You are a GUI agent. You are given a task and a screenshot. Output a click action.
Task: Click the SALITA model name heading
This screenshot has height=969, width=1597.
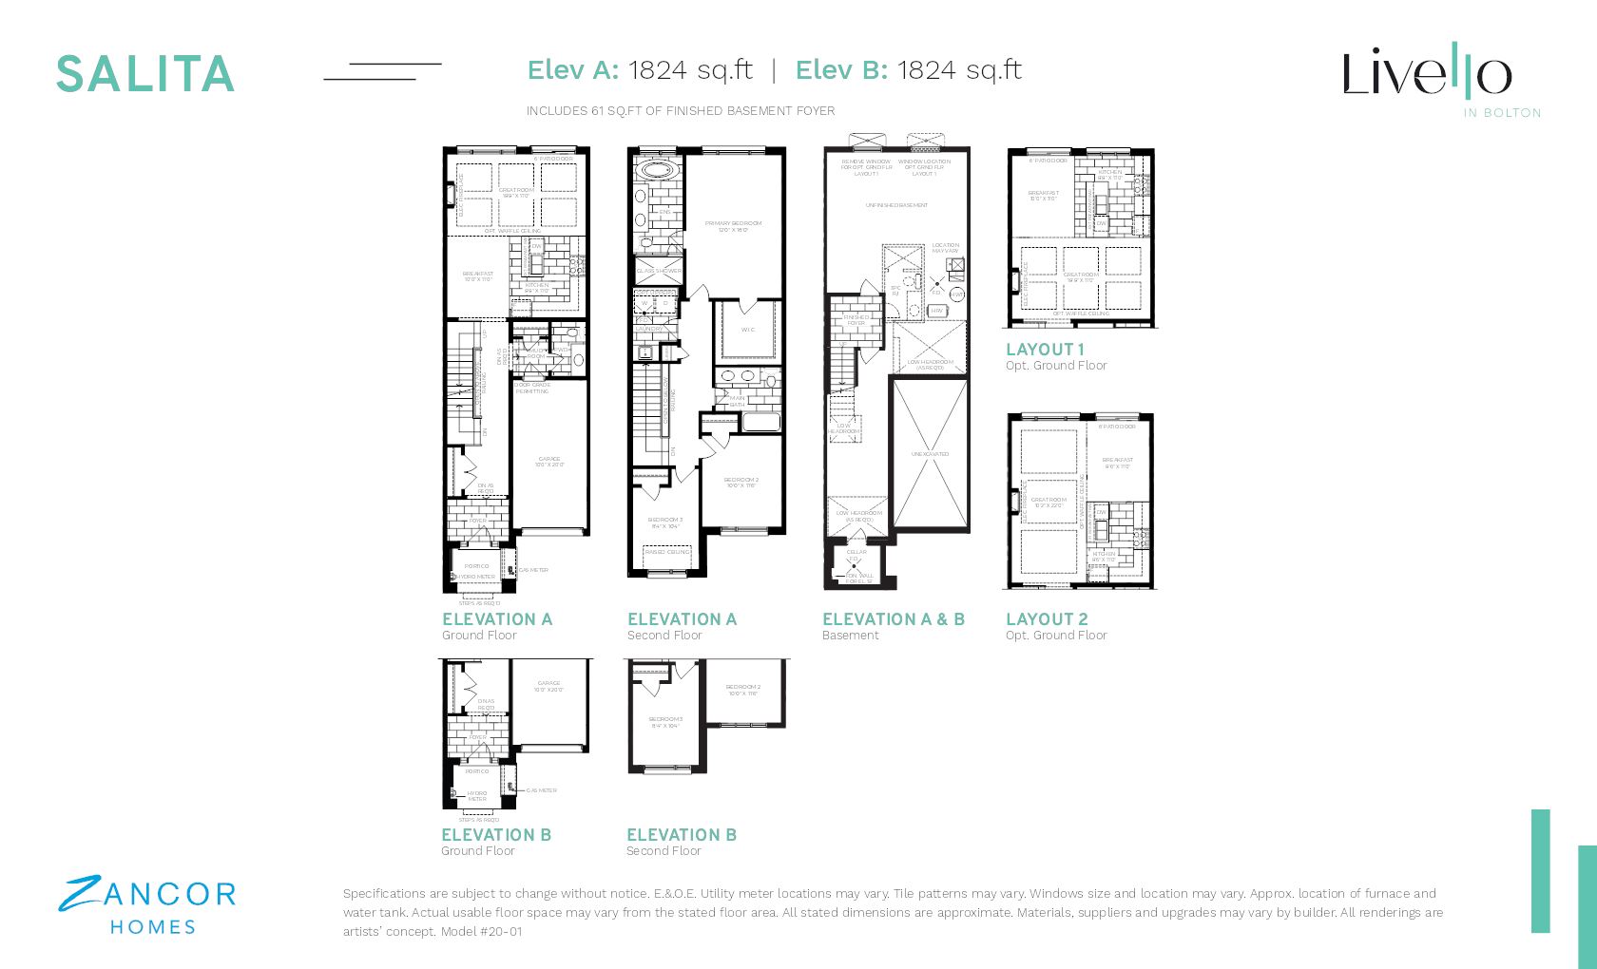point(144,74)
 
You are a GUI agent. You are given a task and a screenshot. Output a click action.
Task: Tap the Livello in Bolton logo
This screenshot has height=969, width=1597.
point(1427,76)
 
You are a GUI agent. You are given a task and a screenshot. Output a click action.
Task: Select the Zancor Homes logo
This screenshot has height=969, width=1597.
point(147,906)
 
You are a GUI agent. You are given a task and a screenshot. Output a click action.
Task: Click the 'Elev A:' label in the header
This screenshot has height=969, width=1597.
point(573,70)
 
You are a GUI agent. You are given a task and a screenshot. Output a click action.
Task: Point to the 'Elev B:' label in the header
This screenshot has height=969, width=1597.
point(841,70)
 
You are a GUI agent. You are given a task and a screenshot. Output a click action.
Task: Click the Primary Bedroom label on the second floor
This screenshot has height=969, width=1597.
point(734,226)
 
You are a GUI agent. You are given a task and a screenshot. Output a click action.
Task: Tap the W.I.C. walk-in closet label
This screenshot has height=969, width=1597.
point(747,330)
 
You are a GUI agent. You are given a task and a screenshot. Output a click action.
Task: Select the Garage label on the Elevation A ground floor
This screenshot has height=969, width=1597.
point(548,461)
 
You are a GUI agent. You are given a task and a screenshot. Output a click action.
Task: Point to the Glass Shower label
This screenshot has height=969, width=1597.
point(659,271)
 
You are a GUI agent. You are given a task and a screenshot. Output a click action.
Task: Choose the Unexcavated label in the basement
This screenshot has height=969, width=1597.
point(930,454)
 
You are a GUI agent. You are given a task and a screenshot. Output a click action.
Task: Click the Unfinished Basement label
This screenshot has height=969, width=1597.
point(896,205)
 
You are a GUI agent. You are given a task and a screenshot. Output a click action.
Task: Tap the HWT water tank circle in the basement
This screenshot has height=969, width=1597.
point(956,294)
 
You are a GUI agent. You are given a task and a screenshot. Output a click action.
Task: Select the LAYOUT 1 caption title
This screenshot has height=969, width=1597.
point(1045,350)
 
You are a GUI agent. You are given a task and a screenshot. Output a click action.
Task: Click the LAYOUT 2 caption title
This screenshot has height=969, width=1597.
point(1047,619)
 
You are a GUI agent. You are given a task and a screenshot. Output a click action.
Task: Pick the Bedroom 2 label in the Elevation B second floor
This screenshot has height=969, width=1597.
point(742,690)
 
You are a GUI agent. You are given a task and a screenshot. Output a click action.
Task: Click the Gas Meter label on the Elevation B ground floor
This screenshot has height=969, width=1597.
point(541,790)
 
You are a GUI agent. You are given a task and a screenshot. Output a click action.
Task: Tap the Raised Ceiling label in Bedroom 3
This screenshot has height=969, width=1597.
point(666,552)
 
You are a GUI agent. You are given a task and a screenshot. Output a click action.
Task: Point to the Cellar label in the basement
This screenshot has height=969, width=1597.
point(856,552)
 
